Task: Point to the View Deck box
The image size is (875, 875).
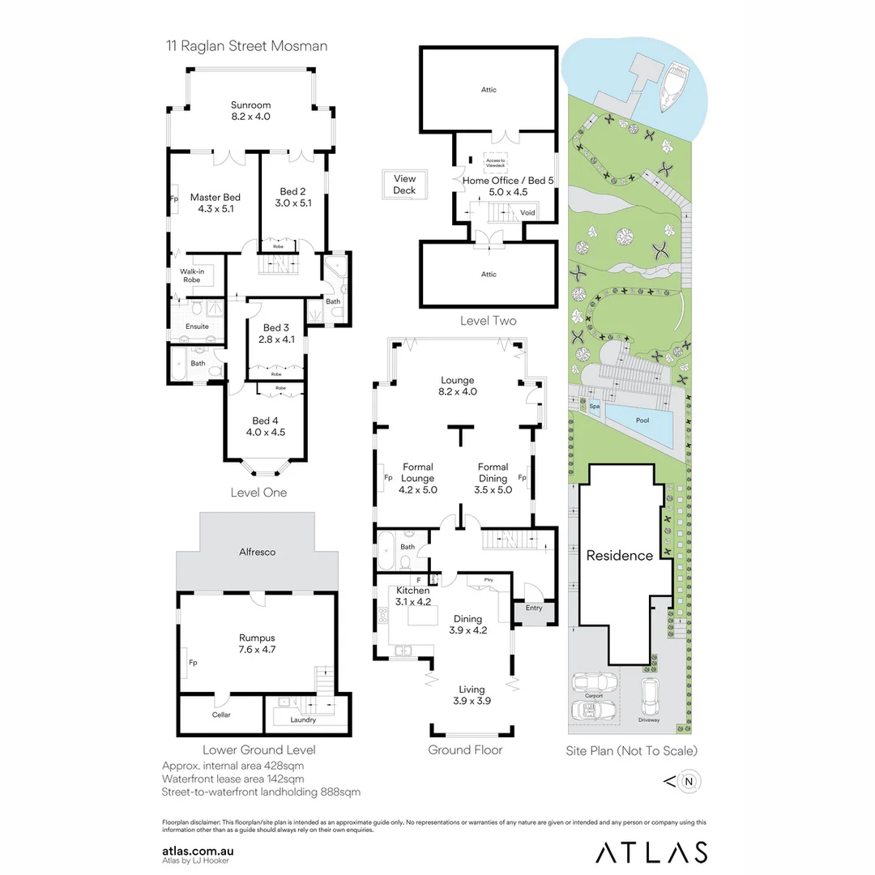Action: click(x=404, y=185)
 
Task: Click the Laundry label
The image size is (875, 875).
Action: click(x=302, y=719)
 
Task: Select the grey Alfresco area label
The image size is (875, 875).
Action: click(x=257, y=552)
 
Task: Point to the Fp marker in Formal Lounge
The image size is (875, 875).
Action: click(x=387, y=478)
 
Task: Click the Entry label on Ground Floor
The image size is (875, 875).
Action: click(x=535, y=608)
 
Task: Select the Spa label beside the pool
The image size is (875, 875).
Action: click(x=594, y=408)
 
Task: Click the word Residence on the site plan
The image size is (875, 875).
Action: click(x=620, y=556)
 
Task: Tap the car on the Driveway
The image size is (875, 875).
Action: click(x=648, y=695)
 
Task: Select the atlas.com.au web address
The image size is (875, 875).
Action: click(x=198, y=851)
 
